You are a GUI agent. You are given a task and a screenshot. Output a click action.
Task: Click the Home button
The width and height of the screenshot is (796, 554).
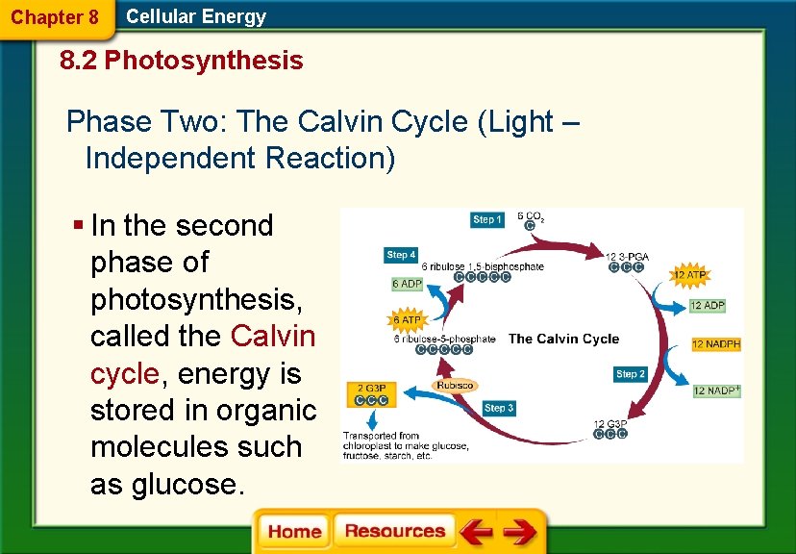pyautogui.click(x=294, y=532)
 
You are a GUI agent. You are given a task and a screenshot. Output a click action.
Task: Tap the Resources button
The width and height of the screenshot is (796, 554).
pyautogui.click(x=394, y=532)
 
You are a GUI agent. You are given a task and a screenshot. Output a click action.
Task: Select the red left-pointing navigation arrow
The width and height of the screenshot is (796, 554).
pyautogui.click(x=475, y=532)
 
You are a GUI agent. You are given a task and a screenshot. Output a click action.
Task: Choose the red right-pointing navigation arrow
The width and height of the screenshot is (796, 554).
pyautogui.click(x=520, y=532)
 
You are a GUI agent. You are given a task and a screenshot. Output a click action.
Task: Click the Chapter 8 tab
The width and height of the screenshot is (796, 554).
pyautogui.click(x=55, y=17)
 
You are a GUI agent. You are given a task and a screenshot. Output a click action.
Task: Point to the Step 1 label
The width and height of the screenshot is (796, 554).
pyautogui.click(x=487, y=219)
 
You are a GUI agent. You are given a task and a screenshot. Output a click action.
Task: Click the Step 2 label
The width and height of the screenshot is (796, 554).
pyautogui.click(x=631, y=373)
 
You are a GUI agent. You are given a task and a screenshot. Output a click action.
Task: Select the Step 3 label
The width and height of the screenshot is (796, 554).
pyautogui.click(x=498, y=408)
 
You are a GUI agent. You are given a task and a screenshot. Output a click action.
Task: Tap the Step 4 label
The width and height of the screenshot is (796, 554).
pyautogui.click(x=401, y=255)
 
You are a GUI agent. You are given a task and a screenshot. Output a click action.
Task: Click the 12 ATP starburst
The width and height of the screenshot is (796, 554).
pyautogui.click(x=690, y=275)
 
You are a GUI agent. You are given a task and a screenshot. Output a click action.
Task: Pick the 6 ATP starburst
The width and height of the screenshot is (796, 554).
pyautogui.click(x=406, y=319)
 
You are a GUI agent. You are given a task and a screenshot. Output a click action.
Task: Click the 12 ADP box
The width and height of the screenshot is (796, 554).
pyautogui.click(x=708, y=306)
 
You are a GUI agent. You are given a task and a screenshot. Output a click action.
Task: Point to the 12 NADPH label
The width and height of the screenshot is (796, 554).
pyautogui.click(x=716, y=344)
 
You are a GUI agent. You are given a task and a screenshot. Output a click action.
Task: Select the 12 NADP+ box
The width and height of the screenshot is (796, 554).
pyautogui.click(x=716, y=390)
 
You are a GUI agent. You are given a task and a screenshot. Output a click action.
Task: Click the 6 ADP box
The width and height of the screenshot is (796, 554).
pyautogui.click(x=407, y=284)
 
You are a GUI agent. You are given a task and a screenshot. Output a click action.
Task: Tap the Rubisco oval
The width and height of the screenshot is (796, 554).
pyautogui.click(x=455, y=385)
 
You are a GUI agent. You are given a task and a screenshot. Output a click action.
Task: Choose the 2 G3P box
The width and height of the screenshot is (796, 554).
pyautogui.click(x=372, y=394)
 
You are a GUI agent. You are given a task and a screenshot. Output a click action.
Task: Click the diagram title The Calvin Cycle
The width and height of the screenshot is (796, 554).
pyautogui.click(x=563, y=339)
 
